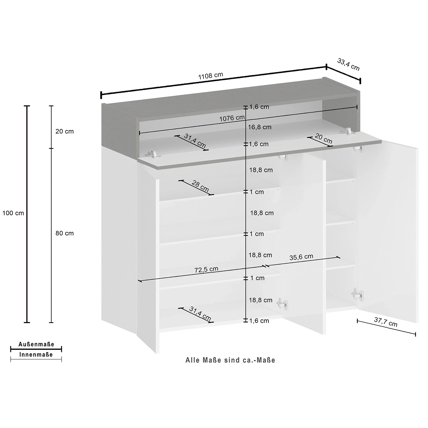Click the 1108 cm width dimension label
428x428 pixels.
coord(211,76)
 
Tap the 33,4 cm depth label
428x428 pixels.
coord(348,65)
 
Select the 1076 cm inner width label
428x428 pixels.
coord(232,118)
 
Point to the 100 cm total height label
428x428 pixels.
coord(13,213)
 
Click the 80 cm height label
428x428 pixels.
coord(65,233)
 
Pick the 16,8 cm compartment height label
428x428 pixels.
coord(260,127)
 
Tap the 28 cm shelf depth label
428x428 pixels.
coord(200,186)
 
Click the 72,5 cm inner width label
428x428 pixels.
coord(206,269)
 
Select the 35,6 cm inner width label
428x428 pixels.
coord(301,257)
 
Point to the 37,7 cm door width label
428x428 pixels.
coord(386,322)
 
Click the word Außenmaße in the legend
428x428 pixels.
coord(36,344)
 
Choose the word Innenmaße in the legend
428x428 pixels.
coord(36,355)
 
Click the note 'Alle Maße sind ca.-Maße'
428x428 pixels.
coord(230,360)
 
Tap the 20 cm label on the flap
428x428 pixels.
coord(324,138)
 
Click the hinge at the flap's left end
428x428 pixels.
coord(153,154)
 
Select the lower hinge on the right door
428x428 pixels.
coord(357,294)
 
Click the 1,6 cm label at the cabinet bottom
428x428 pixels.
coord(259,321)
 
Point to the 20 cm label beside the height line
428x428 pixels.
coord(65,131)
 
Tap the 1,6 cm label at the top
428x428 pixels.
coord(259,107)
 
